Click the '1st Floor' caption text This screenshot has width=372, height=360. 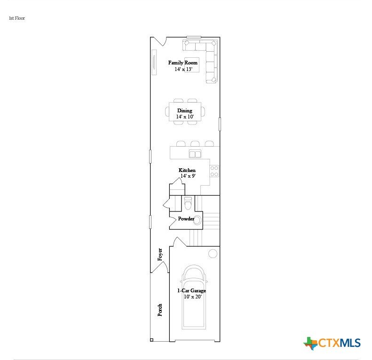[17, 18]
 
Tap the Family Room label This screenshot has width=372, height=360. [182, 63]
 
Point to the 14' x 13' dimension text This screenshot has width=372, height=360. [183, 69]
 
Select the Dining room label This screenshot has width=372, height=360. [184, 110]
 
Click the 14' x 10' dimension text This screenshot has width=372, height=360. [185, 117]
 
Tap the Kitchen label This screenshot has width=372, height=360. [187, 170]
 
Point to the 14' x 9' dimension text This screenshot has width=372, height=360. [188, 176]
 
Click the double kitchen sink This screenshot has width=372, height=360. [195, 154]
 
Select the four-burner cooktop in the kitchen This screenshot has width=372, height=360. [214, 171]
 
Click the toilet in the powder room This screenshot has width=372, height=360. [188, 203]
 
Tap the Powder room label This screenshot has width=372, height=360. [186, 219]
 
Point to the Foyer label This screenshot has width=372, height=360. [160, 254]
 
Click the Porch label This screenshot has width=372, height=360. [160, 310]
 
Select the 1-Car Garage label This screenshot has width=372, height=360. [192, 290]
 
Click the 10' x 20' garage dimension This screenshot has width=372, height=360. [193, 297]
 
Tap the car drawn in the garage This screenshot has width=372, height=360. [194, 297]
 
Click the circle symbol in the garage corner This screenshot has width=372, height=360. [213, 253]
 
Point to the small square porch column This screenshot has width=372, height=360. [151, 340]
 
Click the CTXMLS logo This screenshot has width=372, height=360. [332, 343]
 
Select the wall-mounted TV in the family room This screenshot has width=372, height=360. [154, 62]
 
